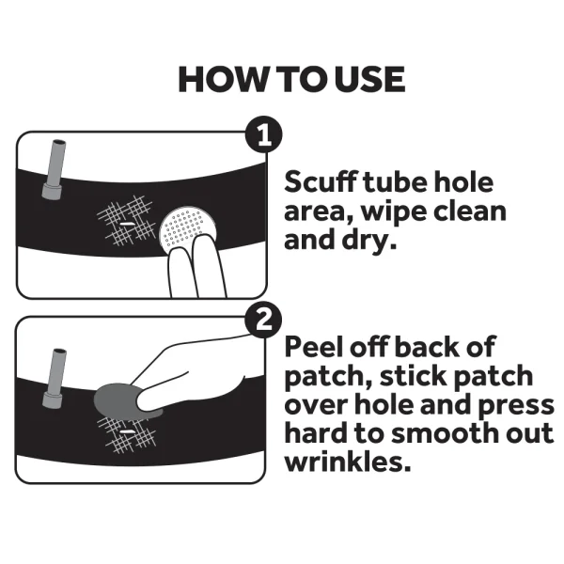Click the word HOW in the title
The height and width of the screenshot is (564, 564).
coord(221,80)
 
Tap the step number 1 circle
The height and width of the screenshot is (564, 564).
coord(263,134)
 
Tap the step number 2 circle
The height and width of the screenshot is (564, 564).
coord(263,320)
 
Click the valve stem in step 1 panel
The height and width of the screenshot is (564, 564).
coord(54,169)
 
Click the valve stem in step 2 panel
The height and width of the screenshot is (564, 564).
coord(54,379)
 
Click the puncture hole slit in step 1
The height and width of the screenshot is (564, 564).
coord(126,224)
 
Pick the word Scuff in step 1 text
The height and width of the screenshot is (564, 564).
coord(321,181)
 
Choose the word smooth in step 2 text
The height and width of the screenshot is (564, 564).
coord(446,432)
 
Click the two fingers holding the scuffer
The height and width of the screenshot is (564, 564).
coord(197,265)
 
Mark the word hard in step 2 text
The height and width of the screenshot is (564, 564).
coord(316,432)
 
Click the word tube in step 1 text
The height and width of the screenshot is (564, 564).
coord(395,182)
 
